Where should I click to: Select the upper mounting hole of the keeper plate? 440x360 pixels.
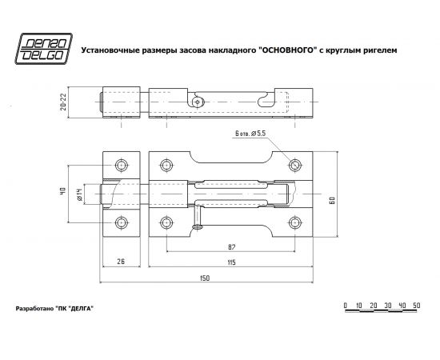pyautogui.click(x=121, y=166)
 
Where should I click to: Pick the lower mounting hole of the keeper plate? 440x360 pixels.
pyautogui.click(x=121, y=222)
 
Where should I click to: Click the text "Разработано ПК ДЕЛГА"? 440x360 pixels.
pyautogui.click(x=50, y=309)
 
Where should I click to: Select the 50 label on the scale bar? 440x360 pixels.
pyautogui.click(x=415, y=306)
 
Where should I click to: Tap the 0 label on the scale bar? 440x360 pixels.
pyautogui.click(x=344, y=306)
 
